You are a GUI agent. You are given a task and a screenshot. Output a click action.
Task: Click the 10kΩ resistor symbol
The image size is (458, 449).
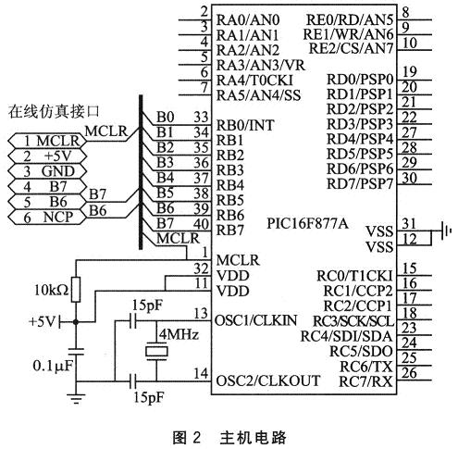76,290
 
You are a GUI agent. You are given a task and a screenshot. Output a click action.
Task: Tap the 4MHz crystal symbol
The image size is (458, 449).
156,352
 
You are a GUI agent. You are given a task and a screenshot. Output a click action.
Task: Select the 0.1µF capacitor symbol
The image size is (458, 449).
76,352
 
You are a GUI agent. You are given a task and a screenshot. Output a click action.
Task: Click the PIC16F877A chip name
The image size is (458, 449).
307,223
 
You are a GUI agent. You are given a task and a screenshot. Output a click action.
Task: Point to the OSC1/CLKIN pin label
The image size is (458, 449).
255,321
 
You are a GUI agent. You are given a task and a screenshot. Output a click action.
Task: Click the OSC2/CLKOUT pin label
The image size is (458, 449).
267,380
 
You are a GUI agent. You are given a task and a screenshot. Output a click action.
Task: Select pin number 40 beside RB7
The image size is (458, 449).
201,224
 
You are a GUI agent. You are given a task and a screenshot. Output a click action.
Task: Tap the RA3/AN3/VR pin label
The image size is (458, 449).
261,66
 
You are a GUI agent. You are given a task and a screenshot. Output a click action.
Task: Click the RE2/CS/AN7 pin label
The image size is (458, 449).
351,48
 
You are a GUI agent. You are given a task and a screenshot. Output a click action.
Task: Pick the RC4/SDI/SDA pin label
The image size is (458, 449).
347,336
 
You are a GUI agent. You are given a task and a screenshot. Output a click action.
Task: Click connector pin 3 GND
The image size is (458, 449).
47,171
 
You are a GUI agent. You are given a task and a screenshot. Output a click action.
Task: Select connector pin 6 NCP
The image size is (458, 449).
47,218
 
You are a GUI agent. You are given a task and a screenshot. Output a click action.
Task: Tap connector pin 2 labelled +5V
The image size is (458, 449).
47,156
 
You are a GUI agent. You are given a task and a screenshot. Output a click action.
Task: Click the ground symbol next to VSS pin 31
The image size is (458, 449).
446,231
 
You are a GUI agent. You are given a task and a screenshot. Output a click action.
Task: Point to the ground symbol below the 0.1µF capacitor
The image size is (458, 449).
76,399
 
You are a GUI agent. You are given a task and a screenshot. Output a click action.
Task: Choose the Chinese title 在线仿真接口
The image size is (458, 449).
54,111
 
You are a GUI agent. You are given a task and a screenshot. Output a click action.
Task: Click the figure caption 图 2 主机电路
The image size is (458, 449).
229,438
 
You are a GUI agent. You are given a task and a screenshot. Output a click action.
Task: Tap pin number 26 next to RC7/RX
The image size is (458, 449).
410,373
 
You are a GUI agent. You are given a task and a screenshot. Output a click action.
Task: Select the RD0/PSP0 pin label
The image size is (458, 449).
360,80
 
